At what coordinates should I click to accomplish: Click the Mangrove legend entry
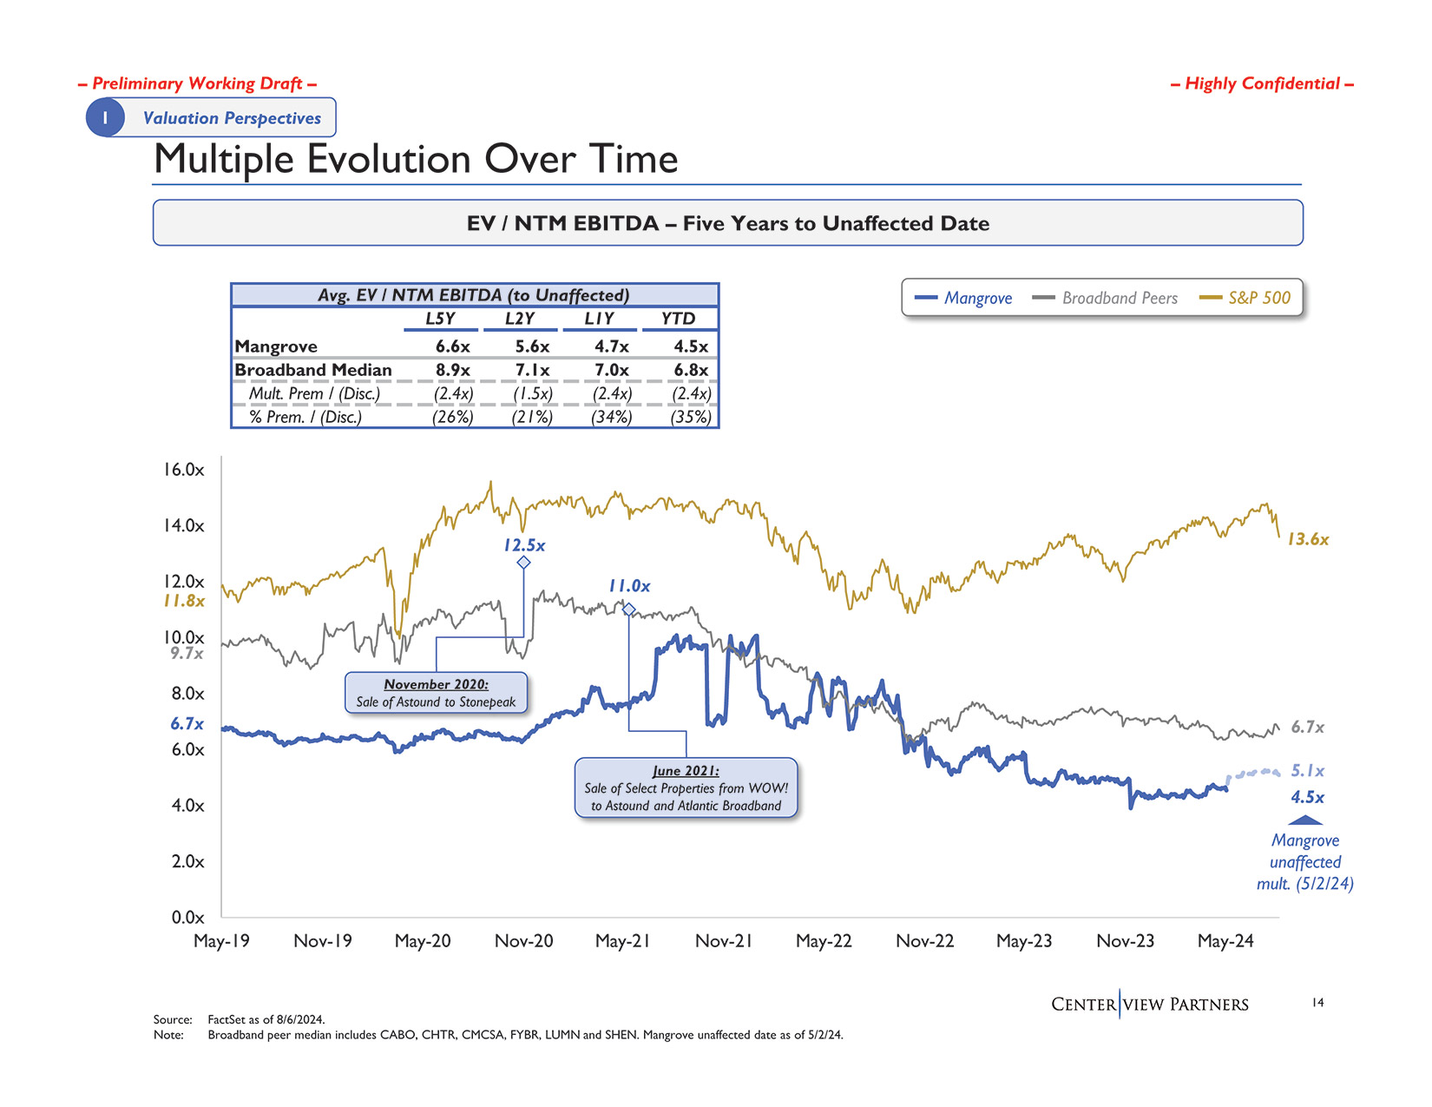pos(964,298)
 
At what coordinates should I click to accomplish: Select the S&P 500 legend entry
pos(1245,298)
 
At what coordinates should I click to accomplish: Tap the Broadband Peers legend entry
pos(1105,298)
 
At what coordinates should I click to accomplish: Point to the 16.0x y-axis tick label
pos(183,470)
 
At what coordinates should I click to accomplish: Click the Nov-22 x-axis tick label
pos(924,941)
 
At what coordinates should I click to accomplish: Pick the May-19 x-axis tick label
pos(221,941)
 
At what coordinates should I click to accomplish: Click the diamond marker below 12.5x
pos(523,563)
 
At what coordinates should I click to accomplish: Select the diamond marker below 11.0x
pos(629,610)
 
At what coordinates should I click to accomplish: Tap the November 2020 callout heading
pos(436,684)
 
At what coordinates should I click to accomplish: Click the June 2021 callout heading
pos(686,771)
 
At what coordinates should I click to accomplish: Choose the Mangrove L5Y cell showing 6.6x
pos(452,346)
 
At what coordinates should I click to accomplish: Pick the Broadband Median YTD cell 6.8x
pos(691,370)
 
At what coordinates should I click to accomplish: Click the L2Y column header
pos(520,319)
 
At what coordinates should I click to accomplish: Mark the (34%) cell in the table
pos(611,417)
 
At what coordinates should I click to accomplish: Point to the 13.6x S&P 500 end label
pos(1308,539)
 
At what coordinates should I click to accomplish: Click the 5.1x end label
pos(1308,771)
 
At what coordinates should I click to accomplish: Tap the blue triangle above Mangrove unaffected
pos(1305,820)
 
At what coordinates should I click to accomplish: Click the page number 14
pos(1317,1003)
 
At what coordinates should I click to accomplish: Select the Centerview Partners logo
pos(1149,1005)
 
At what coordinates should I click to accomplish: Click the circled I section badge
pos(105,117)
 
